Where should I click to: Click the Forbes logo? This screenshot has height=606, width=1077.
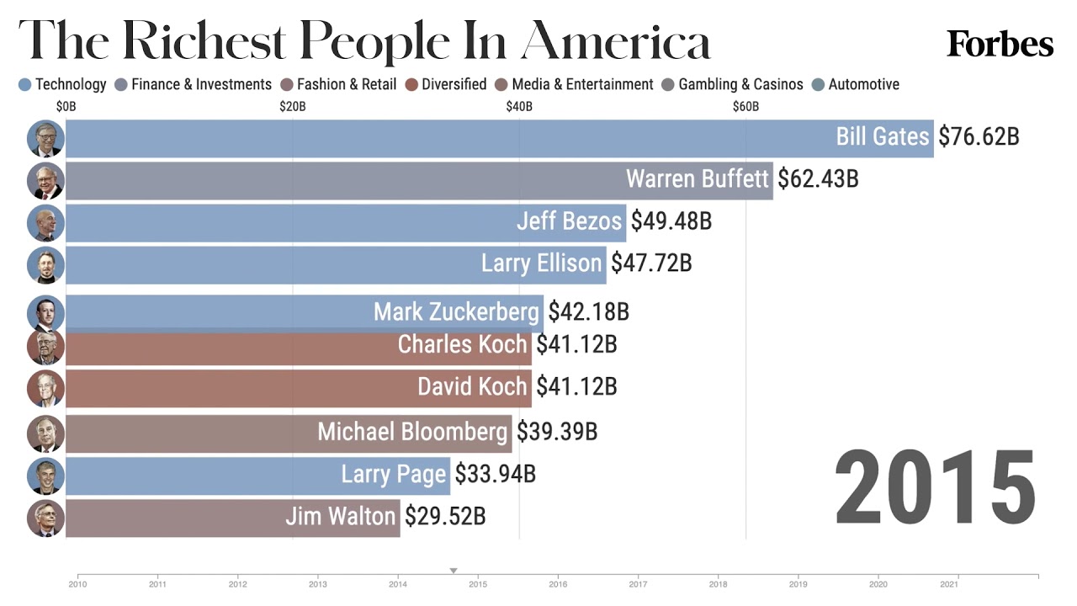[1000, 44]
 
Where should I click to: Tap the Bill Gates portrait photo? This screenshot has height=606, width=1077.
[45, 139]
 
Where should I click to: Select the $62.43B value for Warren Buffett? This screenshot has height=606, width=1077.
[818, 179]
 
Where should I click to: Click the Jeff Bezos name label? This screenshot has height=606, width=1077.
[570, 221]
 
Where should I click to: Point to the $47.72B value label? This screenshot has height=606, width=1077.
[651, 263]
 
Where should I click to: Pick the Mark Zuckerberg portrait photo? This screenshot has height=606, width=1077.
[45, 313]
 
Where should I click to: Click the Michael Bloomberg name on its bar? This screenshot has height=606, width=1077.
[412, 432]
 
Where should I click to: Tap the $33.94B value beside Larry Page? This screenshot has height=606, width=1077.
[495, 474]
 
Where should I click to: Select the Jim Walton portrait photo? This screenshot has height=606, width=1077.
[45, 518]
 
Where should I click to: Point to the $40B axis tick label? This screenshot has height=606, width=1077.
[519, 107]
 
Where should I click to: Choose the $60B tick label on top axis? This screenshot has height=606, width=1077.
[745, 107]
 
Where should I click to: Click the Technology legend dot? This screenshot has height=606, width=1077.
[24, 85]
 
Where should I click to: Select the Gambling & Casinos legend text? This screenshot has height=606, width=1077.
[740, 84]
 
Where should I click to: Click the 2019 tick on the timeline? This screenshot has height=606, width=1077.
[798, 583]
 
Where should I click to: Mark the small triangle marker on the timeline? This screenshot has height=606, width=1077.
[454, 571]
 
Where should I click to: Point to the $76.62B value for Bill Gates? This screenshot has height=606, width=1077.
[979, 137]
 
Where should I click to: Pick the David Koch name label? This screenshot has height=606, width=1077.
[472, 387]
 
